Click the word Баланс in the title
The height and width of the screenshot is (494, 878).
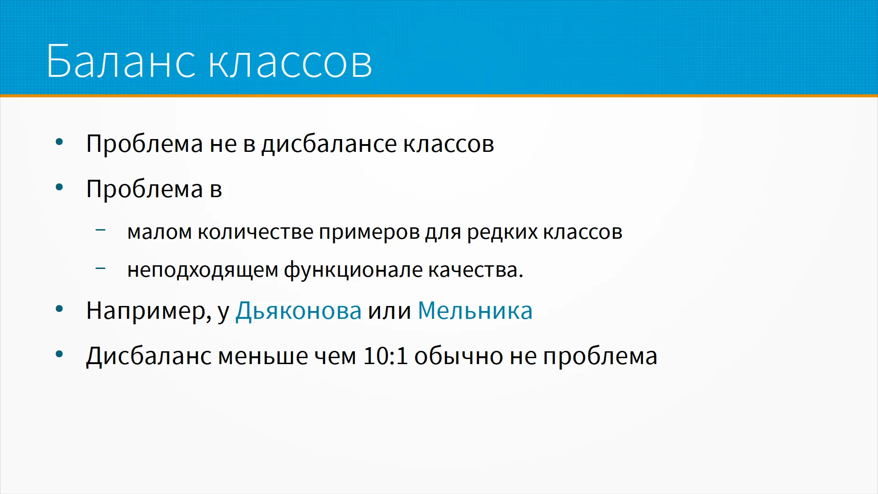121,61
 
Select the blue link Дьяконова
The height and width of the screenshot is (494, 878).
299,311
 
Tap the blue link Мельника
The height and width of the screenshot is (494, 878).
475,311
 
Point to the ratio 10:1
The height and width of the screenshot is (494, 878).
385,356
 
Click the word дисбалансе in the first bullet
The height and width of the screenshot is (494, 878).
329,144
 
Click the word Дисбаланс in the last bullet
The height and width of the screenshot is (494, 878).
149,356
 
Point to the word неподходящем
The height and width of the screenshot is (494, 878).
203,270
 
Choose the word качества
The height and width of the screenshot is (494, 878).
476,270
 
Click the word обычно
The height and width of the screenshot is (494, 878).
459,356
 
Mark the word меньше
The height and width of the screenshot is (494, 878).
263,356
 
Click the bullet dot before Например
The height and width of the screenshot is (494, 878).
59,309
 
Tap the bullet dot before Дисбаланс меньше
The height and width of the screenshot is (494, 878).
59,354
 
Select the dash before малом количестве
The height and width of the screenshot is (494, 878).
101,230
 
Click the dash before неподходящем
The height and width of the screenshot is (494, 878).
101,268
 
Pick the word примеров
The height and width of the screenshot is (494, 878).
369,233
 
